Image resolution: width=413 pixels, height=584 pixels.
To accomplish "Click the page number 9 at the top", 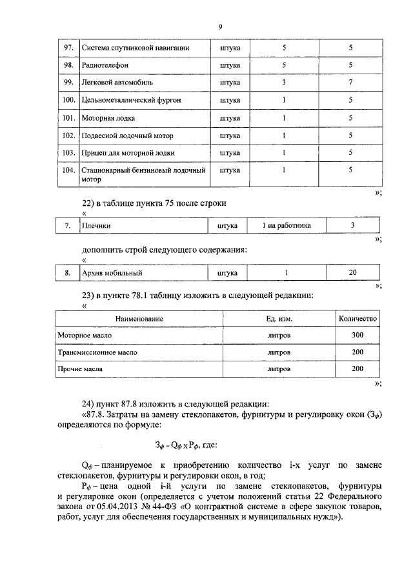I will pyautogui.click(x=219, y=26).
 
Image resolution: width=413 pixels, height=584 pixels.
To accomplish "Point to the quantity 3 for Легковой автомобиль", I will pyautogui.click(x=284, y=83).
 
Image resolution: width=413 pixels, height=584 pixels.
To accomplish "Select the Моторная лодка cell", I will pyautogui.click(x=106, y=118).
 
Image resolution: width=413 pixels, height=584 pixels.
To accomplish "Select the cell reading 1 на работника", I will pyautogui.click(x=287, y=226).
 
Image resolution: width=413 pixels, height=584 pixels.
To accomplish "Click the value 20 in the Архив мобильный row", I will pyautogui.click(x=352, y=273).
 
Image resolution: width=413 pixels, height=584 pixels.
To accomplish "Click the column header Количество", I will pyautogui.click(x=358, y=319).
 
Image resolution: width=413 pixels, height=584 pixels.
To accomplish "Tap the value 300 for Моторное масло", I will pyautogui.click(x=358, y=336).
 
